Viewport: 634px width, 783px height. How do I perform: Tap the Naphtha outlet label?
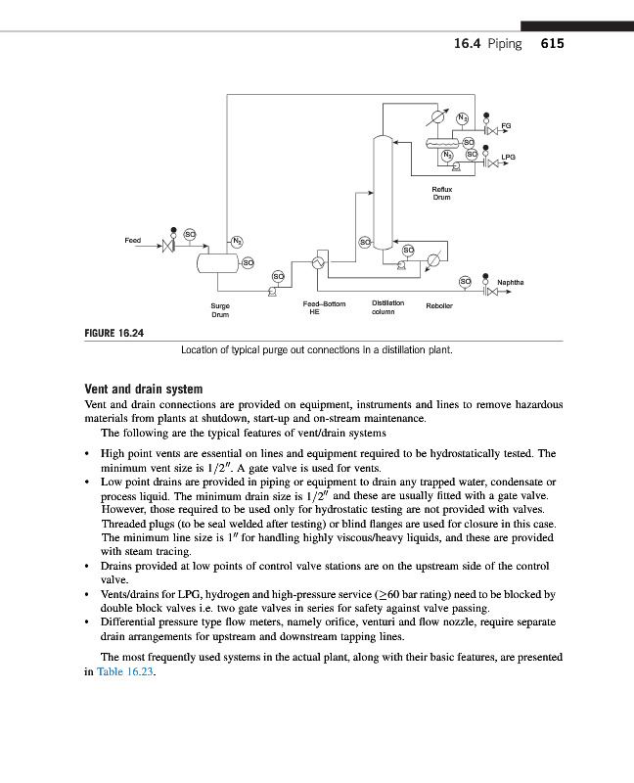click(511, 283)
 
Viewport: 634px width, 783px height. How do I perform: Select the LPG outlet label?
click(509, 156)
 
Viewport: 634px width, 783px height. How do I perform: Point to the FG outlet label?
click(506, 125)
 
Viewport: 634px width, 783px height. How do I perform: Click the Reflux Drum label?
click(442, 194)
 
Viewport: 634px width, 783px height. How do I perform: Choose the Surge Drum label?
click(220, 310)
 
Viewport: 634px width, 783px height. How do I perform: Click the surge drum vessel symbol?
click(219, 262)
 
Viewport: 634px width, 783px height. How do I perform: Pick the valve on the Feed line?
click(168, 249)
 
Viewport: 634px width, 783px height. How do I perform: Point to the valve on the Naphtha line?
click(488, 293)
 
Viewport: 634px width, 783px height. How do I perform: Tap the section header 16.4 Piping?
click(488, 44)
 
